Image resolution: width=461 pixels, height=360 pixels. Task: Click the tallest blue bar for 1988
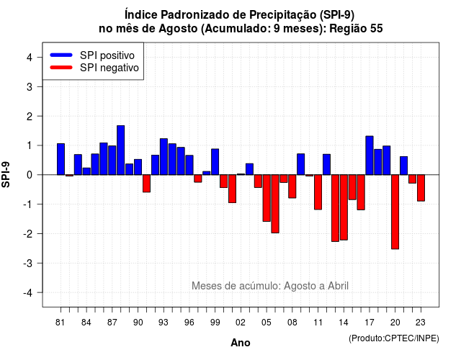click(120, 150)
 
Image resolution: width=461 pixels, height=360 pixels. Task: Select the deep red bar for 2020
click(395, 212)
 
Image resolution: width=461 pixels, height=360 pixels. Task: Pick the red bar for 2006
click(275, 204)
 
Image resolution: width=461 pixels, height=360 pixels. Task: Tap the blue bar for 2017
click(370, 156)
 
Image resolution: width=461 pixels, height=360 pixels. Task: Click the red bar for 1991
click(146, 184)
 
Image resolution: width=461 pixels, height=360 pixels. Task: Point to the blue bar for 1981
click(61, 159)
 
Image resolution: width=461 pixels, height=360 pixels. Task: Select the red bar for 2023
click(421, 188)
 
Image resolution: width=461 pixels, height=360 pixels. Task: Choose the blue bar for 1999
click(215, 162)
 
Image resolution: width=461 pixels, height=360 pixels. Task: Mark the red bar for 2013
click(335, 208)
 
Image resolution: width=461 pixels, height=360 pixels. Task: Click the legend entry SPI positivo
click(107, 55)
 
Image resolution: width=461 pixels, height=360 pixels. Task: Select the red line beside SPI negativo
click(61, 68)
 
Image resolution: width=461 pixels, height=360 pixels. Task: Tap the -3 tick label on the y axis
click(28, 263)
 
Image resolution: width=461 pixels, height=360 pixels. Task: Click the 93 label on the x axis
click(164, 323)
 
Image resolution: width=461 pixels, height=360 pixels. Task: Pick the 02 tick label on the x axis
click(241, 323)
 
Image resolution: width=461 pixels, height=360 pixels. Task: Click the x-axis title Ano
click(241, 343)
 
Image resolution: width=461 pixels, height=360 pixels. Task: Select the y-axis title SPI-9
click(6, 174)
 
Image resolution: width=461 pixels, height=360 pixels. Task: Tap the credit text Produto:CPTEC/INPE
click(394, 338)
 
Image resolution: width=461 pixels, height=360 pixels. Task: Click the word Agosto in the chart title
click(178, 29)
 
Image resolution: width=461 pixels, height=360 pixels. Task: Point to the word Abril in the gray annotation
click(338, 286)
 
